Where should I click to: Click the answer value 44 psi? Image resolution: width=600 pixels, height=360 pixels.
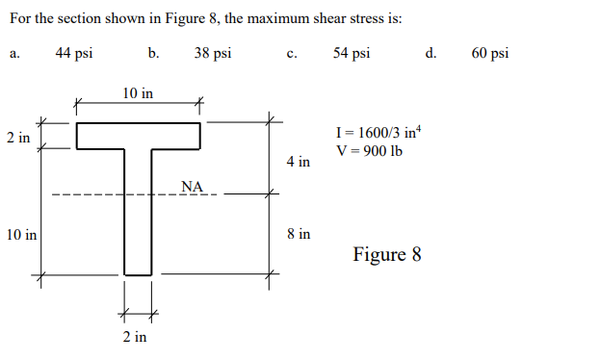tap(74, 53)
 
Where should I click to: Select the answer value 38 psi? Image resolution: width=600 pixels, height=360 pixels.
tap(212, 53)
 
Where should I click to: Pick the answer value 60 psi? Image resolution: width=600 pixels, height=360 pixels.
tap(490, 53)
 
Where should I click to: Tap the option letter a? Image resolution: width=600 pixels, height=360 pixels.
tap(14, 54)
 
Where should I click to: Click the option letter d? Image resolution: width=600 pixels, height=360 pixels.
tap(430, 54)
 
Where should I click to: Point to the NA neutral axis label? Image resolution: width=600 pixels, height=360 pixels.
tap(192, 185)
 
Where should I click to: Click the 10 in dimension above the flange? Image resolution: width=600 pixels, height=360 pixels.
tap(138, 93)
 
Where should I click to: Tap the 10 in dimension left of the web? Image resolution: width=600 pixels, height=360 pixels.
tap(20, 235)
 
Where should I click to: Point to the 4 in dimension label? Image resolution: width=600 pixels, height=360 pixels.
tap(299, 162)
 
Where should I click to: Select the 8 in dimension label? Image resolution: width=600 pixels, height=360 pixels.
tap(299, 234)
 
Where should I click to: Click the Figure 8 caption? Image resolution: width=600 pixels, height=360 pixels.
tap(386, 255)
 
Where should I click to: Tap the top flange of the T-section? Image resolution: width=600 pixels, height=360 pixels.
tap(138, 137)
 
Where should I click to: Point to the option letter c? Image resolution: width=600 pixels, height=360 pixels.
tap(291, 54)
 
